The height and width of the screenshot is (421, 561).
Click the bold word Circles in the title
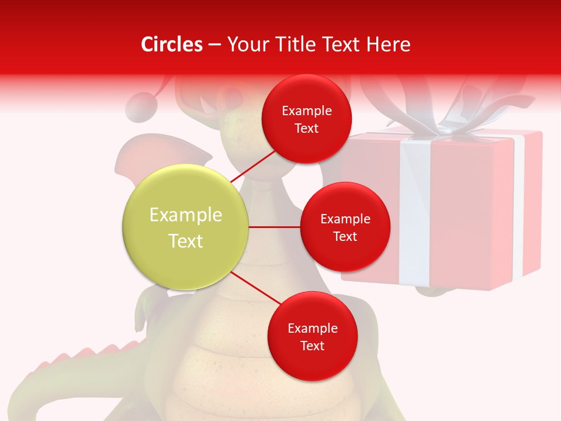[171, 44]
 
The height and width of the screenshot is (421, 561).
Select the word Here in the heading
[389, 44]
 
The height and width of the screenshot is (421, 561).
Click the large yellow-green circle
[186, 227]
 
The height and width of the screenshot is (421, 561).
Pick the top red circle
[306, 119]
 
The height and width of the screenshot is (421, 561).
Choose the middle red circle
[345, 227]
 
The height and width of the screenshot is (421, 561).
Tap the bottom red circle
[312, 336]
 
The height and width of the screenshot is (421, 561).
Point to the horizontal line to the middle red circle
[274, 227]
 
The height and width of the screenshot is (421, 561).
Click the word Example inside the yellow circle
[186, 215]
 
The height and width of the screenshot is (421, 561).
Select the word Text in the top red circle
[306, 129]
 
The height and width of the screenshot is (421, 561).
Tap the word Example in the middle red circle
[345, 219]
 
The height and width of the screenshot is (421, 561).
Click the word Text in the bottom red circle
[312, 346]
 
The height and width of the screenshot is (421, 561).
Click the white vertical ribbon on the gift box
[416, 210]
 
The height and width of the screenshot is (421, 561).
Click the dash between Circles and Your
[214, 45]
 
